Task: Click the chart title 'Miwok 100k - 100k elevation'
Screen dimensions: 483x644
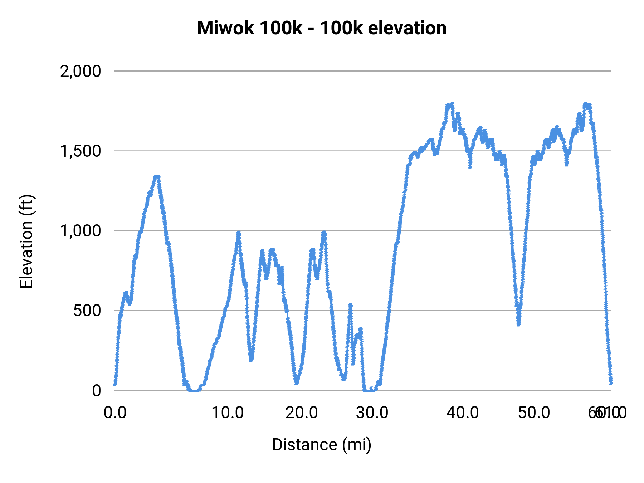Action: (322, 28)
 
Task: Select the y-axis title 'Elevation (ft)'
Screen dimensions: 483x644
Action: (26, 241)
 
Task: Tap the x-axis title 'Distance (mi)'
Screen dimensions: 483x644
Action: (322, 445)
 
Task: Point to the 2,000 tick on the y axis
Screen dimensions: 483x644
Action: (80, 71)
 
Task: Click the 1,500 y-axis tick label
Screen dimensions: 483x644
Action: (80, 151)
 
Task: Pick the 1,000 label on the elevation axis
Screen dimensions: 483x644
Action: (80, 231)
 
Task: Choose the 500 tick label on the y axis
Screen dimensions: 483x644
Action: (87, 311)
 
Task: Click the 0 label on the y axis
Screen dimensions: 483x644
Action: (97, 390)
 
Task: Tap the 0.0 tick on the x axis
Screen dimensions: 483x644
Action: (115, 413)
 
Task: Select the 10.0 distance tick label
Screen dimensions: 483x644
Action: (228, 413)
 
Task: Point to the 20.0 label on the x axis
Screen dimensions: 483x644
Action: (302, 413)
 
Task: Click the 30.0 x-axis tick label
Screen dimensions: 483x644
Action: (372, 413)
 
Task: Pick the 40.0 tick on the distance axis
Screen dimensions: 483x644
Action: (463, 413)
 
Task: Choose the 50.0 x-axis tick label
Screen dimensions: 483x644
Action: (534, 413)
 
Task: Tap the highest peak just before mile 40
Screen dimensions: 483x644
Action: (452, 104)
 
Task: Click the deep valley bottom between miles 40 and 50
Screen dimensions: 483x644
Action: (518, 323)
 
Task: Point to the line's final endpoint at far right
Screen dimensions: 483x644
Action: (611, 382)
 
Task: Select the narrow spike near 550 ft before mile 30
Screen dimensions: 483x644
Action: (350, 305)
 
